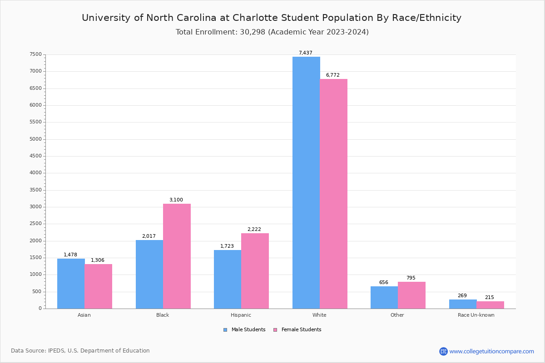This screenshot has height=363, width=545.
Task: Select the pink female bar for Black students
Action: tap(177, 256)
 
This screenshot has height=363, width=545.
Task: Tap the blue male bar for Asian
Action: tap(71, 284)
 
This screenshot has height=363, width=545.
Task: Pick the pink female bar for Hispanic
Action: tap(255, 271)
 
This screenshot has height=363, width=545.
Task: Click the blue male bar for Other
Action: tap(384, 297)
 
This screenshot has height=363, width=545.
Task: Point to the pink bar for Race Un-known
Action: tap(490, 305)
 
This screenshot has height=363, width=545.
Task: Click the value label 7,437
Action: tap(305, 53)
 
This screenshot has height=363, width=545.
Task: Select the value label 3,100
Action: tap(176, 200)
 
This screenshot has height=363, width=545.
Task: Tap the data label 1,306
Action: tap(98, 260)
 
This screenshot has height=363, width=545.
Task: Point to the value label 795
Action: tap(411, 278)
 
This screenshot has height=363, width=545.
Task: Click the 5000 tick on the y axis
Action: tap(36, 139)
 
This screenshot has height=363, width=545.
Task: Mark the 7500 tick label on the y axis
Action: tap(36, 54)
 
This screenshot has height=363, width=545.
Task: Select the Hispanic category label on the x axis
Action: tap(241, 315)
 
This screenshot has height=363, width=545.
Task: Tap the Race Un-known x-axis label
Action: tap(476, 315)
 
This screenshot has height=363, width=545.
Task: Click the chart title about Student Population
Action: tap(272, 18)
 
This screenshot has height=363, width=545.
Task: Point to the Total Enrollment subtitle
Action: tap(272, 32)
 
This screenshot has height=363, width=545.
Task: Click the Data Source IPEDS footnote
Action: tap(80, 351)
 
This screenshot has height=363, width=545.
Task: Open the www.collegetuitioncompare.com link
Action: tap(491, 351)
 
